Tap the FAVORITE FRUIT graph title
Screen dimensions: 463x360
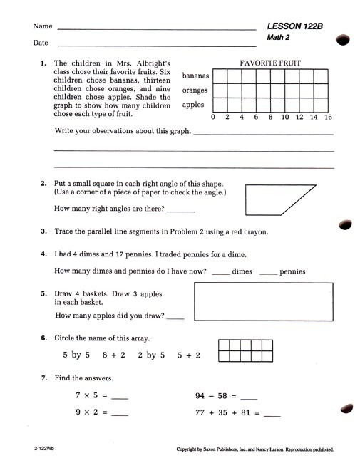(x=270, y=63)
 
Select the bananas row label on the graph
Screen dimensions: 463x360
(x=195, y=76)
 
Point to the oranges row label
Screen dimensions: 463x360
(x=195, y=90)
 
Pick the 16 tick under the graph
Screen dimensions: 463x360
(x=328, y=117)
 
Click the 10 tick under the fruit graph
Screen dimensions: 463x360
(x=285, y=117)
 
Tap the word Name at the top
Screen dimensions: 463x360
(x=43, y=26)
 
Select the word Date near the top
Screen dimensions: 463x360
(x=41, y=43)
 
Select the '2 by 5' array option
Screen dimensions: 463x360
(x=151, y=355)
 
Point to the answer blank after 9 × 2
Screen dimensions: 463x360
(x=120, y=414)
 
